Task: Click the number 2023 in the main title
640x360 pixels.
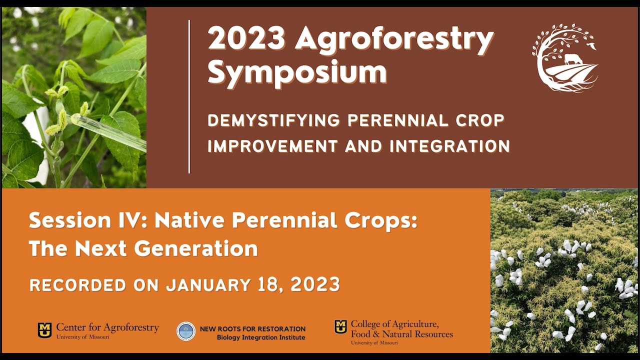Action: [246, 39]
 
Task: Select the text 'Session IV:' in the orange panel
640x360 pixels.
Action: [87, 220]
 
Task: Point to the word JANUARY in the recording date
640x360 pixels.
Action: [208, 285]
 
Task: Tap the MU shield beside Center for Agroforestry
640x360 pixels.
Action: [44, 330]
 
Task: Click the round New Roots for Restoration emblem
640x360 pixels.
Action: [186, 331]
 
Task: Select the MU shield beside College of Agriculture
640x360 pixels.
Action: [340, 327]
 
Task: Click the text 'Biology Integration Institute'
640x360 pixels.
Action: [260, 337]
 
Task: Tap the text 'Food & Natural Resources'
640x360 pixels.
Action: [401, 333]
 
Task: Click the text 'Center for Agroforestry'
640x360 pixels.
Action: [107, 327]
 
